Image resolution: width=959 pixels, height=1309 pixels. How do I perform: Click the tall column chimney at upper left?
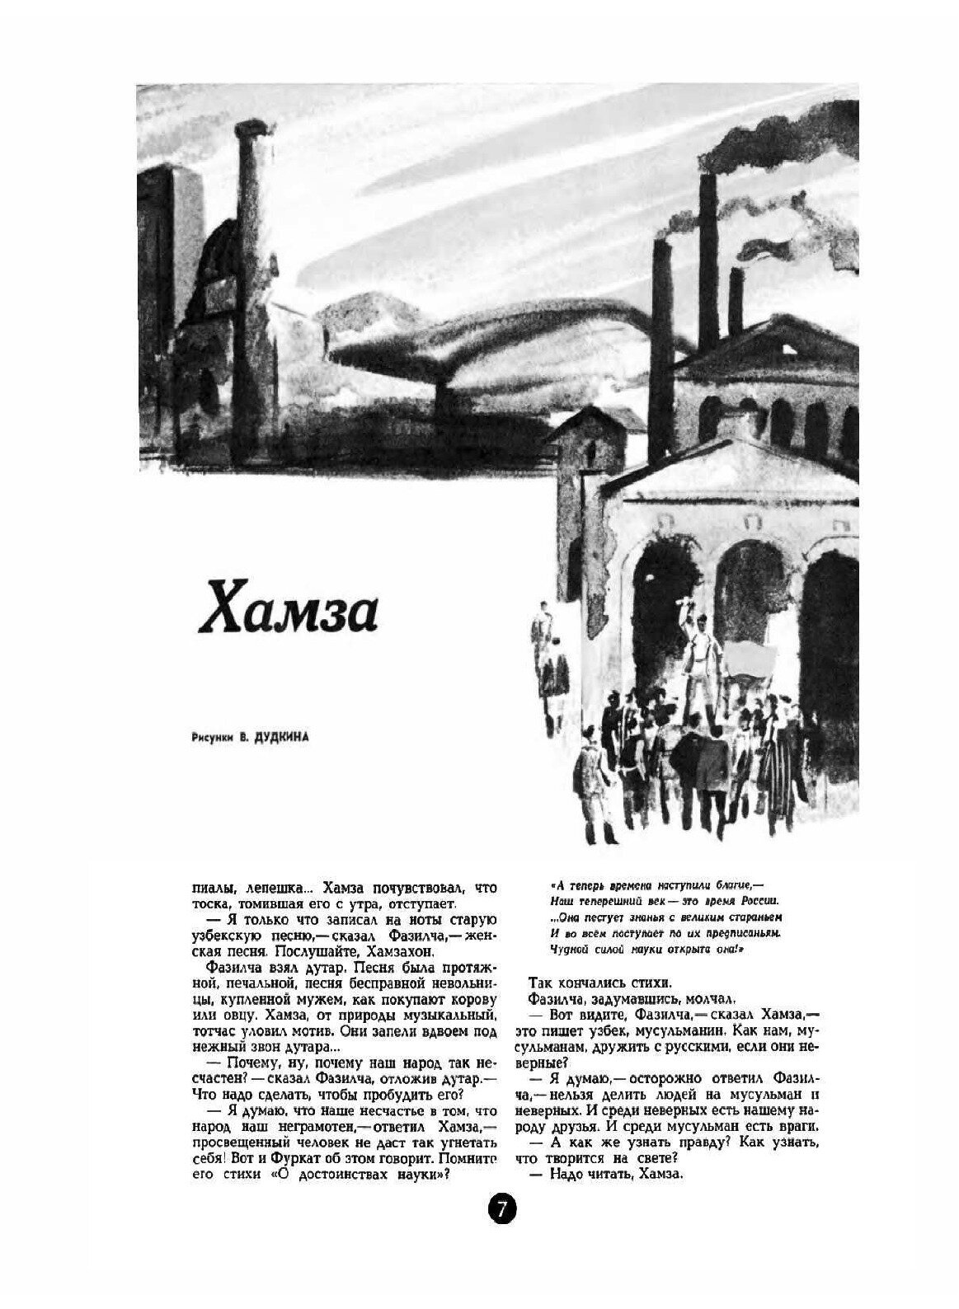click(249, 247)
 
